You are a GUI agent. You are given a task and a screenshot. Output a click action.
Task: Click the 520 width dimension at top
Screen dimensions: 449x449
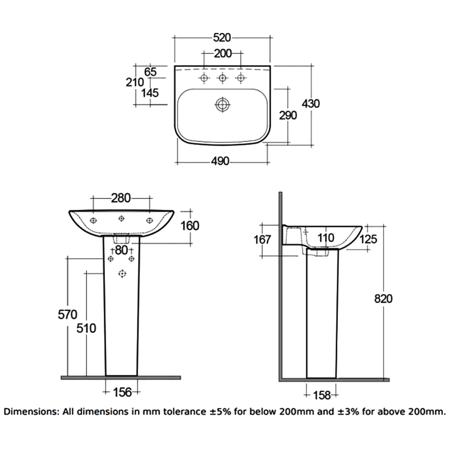(223, 38)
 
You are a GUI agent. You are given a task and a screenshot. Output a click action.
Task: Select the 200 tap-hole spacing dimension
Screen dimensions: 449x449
(223, 54)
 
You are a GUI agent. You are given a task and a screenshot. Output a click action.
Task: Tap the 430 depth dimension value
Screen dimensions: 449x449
(311, 103)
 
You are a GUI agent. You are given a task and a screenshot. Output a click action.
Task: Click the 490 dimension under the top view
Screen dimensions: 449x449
(221, 161)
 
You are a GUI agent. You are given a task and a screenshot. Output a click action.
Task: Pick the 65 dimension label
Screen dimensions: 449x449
(151, 71)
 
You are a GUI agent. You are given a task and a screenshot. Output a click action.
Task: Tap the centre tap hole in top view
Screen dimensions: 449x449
(223, 78)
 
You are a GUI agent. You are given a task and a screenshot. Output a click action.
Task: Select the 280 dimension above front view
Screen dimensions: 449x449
(121, 198)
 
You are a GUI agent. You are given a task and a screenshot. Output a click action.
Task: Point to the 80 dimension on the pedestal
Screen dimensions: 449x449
(121, 250)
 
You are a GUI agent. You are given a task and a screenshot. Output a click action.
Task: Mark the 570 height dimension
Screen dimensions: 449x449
(67, 314)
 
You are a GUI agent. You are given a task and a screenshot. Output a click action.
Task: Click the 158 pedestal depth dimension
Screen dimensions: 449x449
(321, 395)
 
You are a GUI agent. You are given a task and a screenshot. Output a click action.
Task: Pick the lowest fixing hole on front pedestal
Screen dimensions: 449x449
(121, 273)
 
